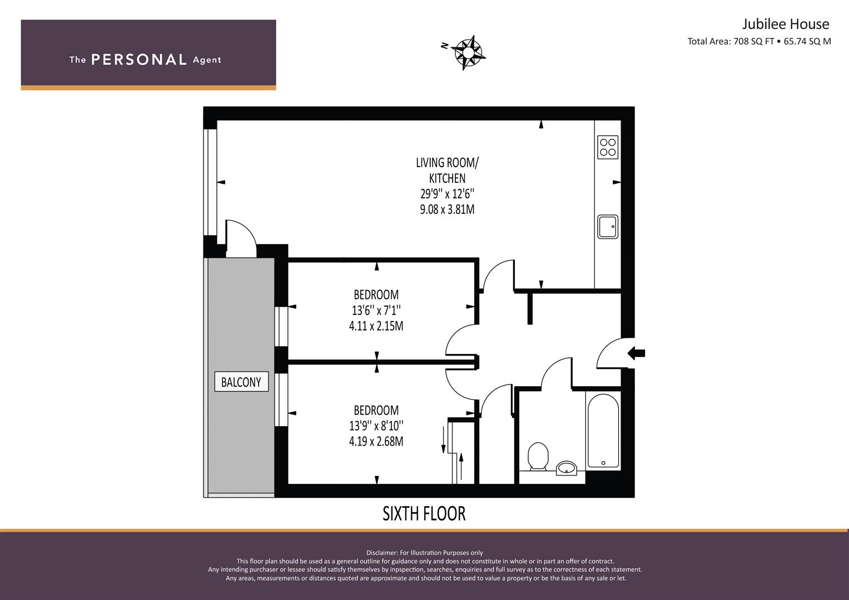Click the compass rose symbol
click(x=469, y=53)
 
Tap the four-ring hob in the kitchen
click(x=608, y=147)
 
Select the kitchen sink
click(x=608, y=227)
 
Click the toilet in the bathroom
click(x=538, y=456)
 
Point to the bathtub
click(x=603, y=431)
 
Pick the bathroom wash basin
click(x=567, y=468)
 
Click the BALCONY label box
click(x=241, y=382)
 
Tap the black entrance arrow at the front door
click(x=636, y=353)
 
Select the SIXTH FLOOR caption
click(x=424, y=514)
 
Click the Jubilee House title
click(x=786, y=24)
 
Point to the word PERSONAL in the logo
click(x=139, y=59)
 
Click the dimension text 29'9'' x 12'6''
click(x=447, y=194)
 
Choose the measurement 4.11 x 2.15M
click(x=376, y=326)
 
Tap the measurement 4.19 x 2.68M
click(x=376, y=441)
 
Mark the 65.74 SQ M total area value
click(x=807, y=41)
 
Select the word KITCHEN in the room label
click(x=447, y=178)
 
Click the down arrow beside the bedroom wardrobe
click(x=443, y=440)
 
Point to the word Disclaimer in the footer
click(x=382, y=553)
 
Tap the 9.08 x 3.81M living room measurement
click(x=447, y=209)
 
